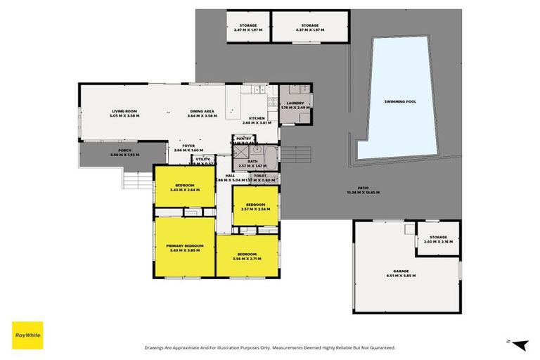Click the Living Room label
pos(125,112)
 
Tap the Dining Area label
pos(202,112)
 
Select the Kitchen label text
pos(257,117)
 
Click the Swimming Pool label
pos(400,102)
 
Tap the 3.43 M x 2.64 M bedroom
pos(185,186)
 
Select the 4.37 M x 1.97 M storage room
pos(310,27)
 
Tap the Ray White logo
pos(27,335)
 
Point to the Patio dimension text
pos(364,193)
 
